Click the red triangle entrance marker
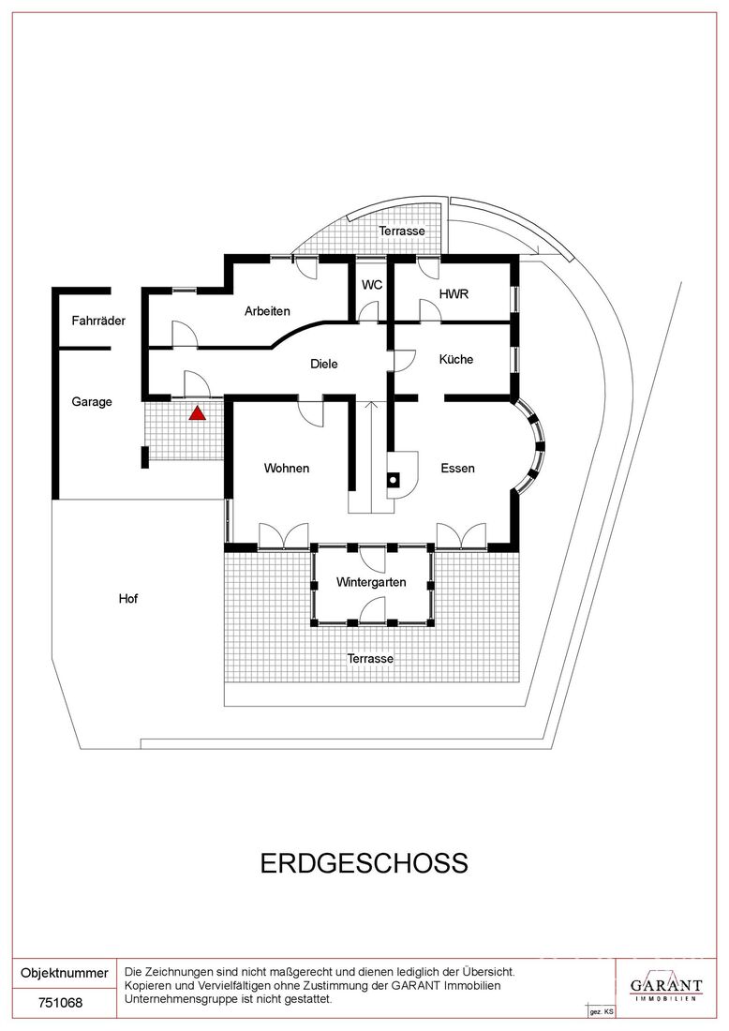click(197, 413)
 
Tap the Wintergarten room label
click(371, 582)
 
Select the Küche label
click(456, 359)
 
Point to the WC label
click(372, 285)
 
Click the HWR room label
click(454, 294)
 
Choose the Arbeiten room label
click(267, 311)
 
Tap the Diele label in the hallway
click(324, 364)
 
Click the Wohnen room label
click(287, 468)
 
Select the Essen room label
click(457, 468)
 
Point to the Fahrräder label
click(98, 321)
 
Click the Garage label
click(92, 402)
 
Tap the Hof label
click(128, 598)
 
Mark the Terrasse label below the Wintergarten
click(370, 658)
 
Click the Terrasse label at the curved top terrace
click(402, 231)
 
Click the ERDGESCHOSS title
click(364, 863)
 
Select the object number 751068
click(61, 1003)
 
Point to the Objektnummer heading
click(65, 973)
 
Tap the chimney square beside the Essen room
click(393, 480)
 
